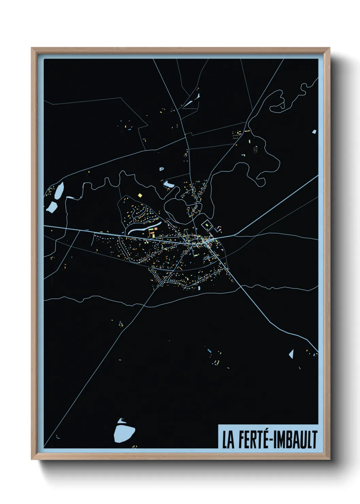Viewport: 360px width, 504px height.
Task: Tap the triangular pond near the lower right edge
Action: [x=291, y=354]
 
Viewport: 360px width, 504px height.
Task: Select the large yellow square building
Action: [x=140, y=195]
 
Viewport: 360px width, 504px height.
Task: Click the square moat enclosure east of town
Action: [x=207, y=225]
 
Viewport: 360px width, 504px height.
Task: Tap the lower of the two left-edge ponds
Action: [x=52, y=206]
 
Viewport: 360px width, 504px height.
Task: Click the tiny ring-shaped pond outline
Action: [x=161, y=168]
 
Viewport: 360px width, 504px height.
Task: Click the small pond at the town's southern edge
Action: [x=199, y=288]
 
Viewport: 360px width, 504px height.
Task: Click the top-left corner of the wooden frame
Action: [x=32, y=48]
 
